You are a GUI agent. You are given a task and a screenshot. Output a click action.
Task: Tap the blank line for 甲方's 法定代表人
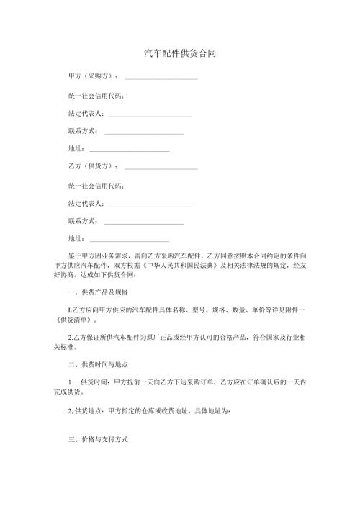149,116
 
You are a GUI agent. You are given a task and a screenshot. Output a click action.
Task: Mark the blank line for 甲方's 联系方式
144,134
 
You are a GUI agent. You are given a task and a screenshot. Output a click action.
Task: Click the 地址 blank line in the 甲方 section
130,151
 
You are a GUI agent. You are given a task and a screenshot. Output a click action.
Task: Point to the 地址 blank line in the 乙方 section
130,240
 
